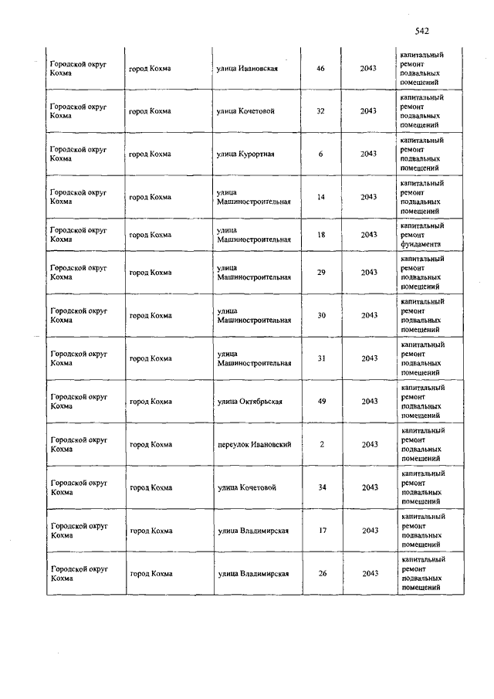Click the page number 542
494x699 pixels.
click(421, 32)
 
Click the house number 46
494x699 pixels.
click(321, 69)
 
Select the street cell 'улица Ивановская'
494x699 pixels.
click(247, 69)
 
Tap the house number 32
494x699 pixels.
click(321, 111)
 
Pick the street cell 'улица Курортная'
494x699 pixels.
click(245, 154)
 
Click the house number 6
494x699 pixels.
click(321, 154)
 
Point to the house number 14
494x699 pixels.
click(321, 197)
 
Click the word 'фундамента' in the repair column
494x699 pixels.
click(421, 243)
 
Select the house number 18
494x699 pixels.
click(321, 234)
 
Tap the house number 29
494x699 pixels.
click(321, 272)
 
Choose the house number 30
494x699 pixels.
click(321, 315)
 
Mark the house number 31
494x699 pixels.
click(321, 358)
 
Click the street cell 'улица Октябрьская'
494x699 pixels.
click(249, 402)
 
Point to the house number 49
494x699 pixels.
click(321, 402)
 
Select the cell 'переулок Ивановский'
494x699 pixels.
click(254, 444)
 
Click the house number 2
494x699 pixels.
click(321, 444)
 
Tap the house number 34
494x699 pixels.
click(321, 487)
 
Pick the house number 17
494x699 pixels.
click(321, 531)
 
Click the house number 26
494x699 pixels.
click(321, 574)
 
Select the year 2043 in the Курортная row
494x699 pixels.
click(368, 154)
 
